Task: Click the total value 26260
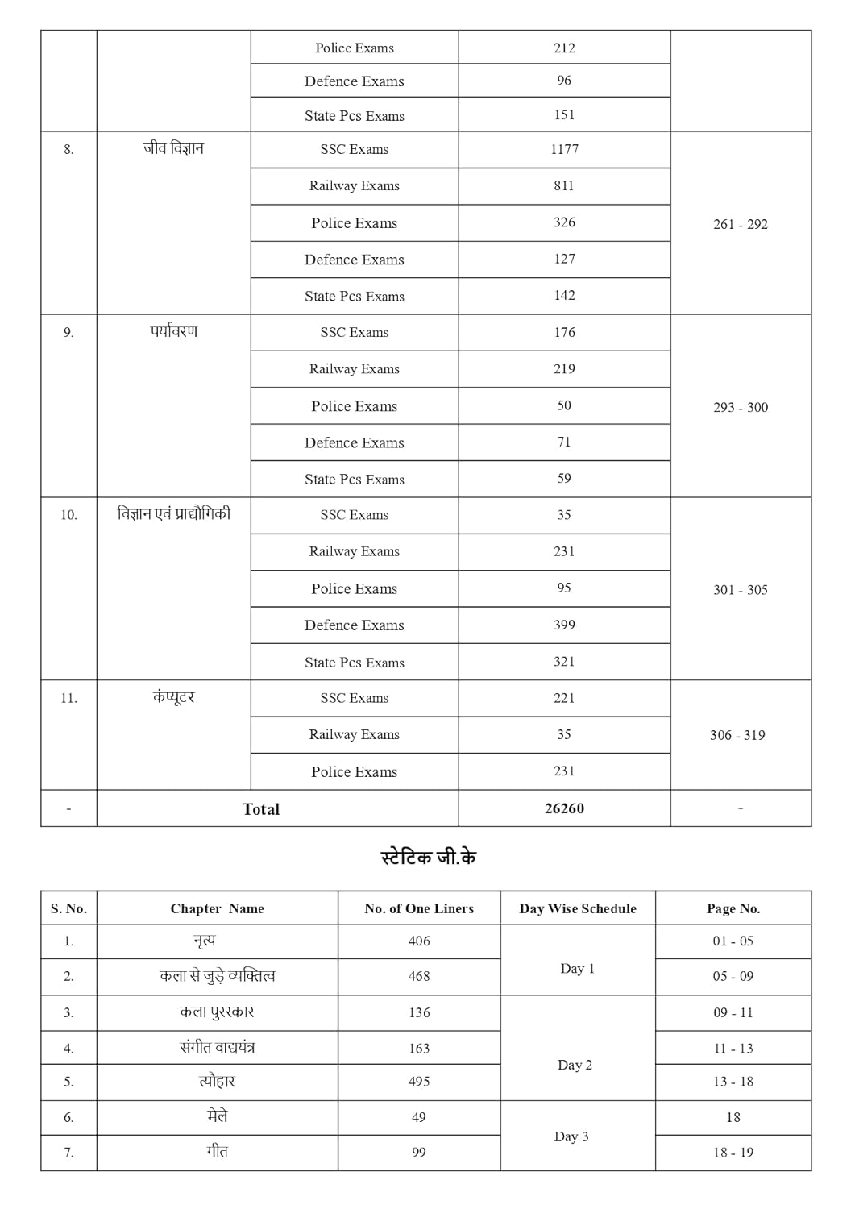coord(564,808)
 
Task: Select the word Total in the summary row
coord(261,809)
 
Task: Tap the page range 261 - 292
coord(740,224)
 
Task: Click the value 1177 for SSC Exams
coord(564,149)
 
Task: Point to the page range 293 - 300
coord(740,407)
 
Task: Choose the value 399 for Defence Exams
coord(564,625)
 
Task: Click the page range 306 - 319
coord(737,735)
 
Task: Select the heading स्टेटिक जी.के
coord(428,858)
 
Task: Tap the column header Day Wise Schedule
coord(578,908)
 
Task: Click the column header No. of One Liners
coord(419,908)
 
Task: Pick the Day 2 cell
coord(575,1065)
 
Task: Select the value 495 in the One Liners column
coord(419,1082)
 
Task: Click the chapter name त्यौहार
coord(217,1082)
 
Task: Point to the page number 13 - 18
coord(733,1082)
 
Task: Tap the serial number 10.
coord(68,515)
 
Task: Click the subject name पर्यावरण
coord(173,332)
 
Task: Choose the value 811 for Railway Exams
coord(564,185)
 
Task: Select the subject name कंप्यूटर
coord(173,698)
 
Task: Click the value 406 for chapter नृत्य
coord(419,941)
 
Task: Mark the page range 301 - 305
coord(740,590)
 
